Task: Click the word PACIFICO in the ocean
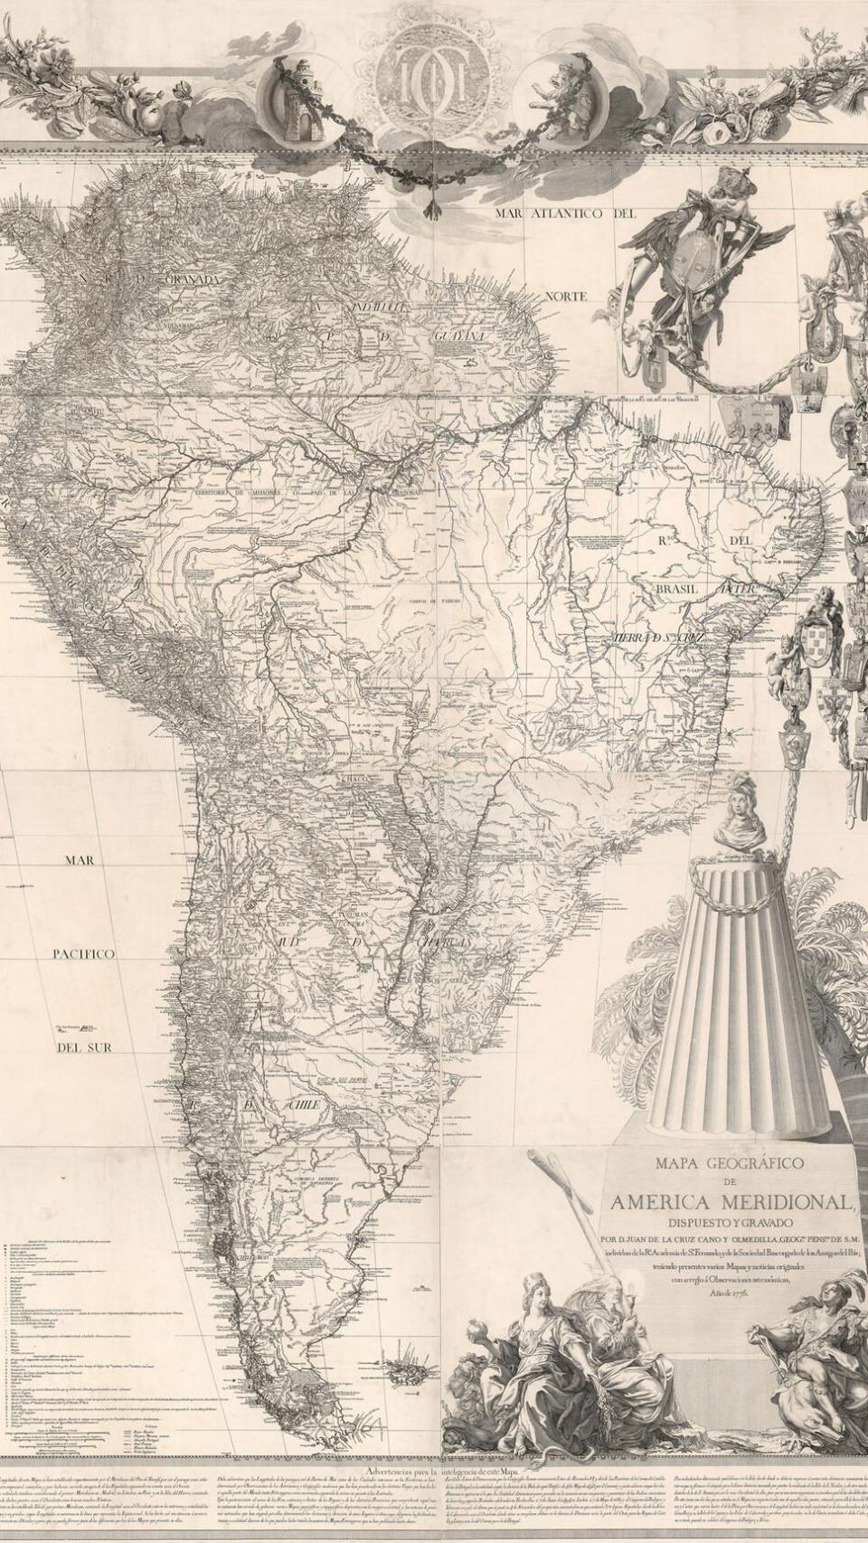pyautogui.click(x=82, y=954)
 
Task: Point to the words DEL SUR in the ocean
pyautogui.click(x=83, y=1047)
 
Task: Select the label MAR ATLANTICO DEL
pyautogui.click(x=565, y=213)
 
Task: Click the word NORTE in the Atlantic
pyautogui.click(x=565, y=296)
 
